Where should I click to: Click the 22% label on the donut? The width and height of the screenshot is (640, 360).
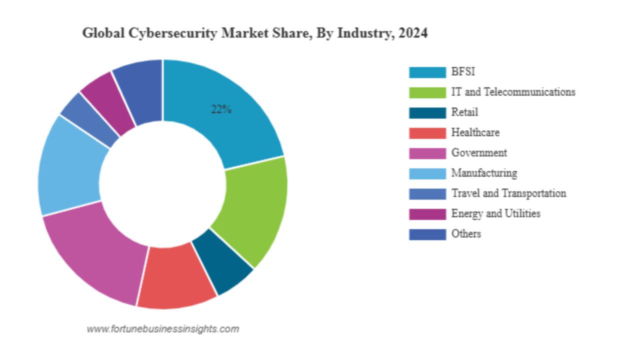221,110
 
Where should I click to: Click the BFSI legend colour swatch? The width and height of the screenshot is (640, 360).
427,72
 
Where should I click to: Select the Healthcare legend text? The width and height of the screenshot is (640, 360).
475,132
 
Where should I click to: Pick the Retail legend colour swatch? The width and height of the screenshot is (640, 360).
427,112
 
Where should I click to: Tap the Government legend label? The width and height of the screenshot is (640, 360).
479,152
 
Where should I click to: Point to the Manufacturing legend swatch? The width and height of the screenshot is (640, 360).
427,173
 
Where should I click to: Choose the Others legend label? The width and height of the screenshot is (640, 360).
466,233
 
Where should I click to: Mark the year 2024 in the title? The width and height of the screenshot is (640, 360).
413,33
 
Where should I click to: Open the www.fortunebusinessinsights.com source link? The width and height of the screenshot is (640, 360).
162,329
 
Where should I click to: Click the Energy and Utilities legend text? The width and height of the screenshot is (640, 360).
495,213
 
